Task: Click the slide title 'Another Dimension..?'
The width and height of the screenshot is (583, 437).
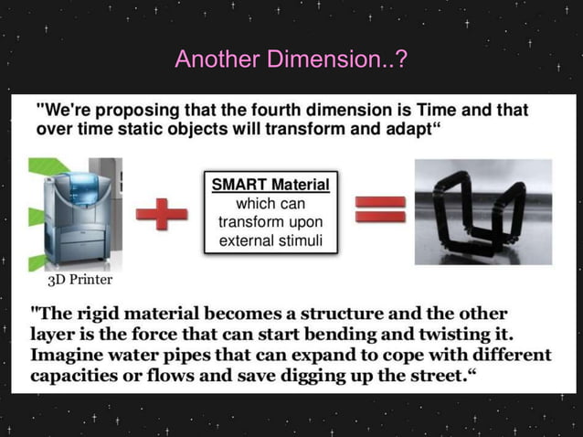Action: pyautogui.click(x=291, y=60)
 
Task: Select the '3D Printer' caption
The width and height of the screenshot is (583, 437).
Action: pyautogui.click(x=79, y=280)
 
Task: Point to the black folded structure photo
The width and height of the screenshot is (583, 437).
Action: pyautogui.click(x=482, y=212)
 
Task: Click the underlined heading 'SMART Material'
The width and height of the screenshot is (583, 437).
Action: pyautogui.click(x=270, y=185)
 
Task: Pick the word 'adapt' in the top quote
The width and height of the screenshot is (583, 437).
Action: pyautogui.click(x=400, y=128)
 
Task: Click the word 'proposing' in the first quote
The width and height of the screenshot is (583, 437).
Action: pyautogui.click(x=142, y=110)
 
